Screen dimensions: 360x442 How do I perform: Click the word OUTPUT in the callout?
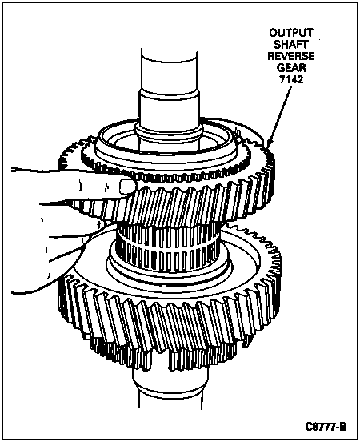pyautogui.click(x=290, y=33)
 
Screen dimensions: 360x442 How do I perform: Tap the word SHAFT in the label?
pyautogui.click(x=291, y=44)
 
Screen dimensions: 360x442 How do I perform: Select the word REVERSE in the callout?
pyautogui.click(x=291, y=56)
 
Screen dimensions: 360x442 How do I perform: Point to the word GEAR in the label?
pyautogui.click(x=291, y=68)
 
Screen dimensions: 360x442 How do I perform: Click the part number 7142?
pyautogui.click(x=291, y=80)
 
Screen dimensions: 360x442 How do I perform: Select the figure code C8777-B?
pyautogui.click(x=326, y=427)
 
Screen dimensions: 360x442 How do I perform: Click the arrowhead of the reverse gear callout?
pyautogui.click(x=269, y=143)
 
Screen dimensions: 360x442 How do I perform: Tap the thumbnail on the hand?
pyautogui.click(x=126, y=187)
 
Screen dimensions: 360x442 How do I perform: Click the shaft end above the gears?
pyautogui.click(x=170, y=70)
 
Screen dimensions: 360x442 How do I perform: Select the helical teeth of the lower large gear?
pyautogui.click(x=169, y=319)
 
